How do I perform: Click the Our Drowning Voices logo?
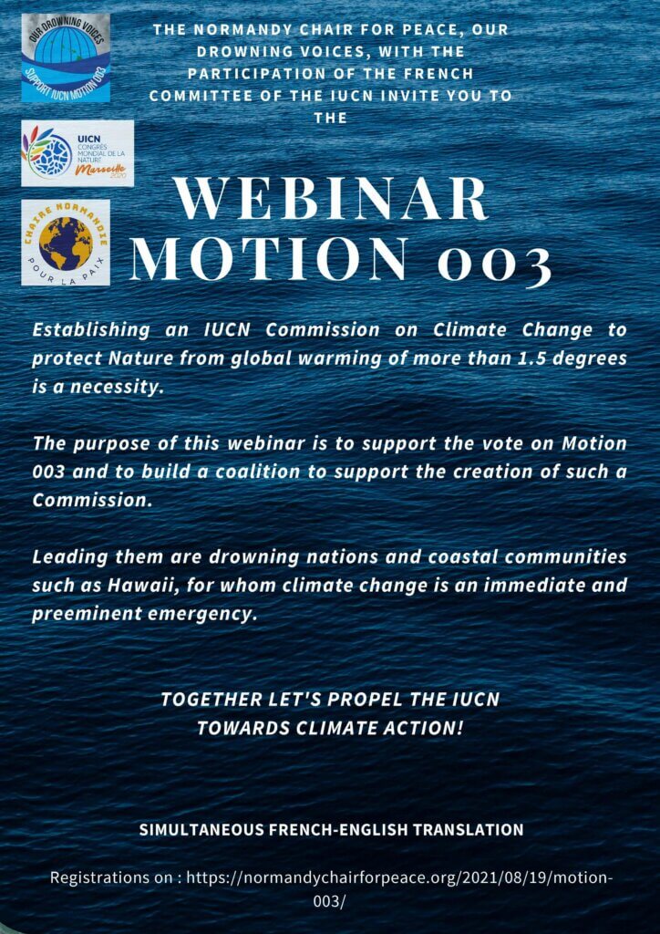[66, 57]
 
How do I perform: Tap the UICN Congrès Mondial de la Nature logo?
[77, 153]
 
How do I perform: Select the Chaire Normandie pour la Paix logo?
[66, 243]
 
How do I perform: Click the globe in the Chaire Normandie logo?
[65, 243]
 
